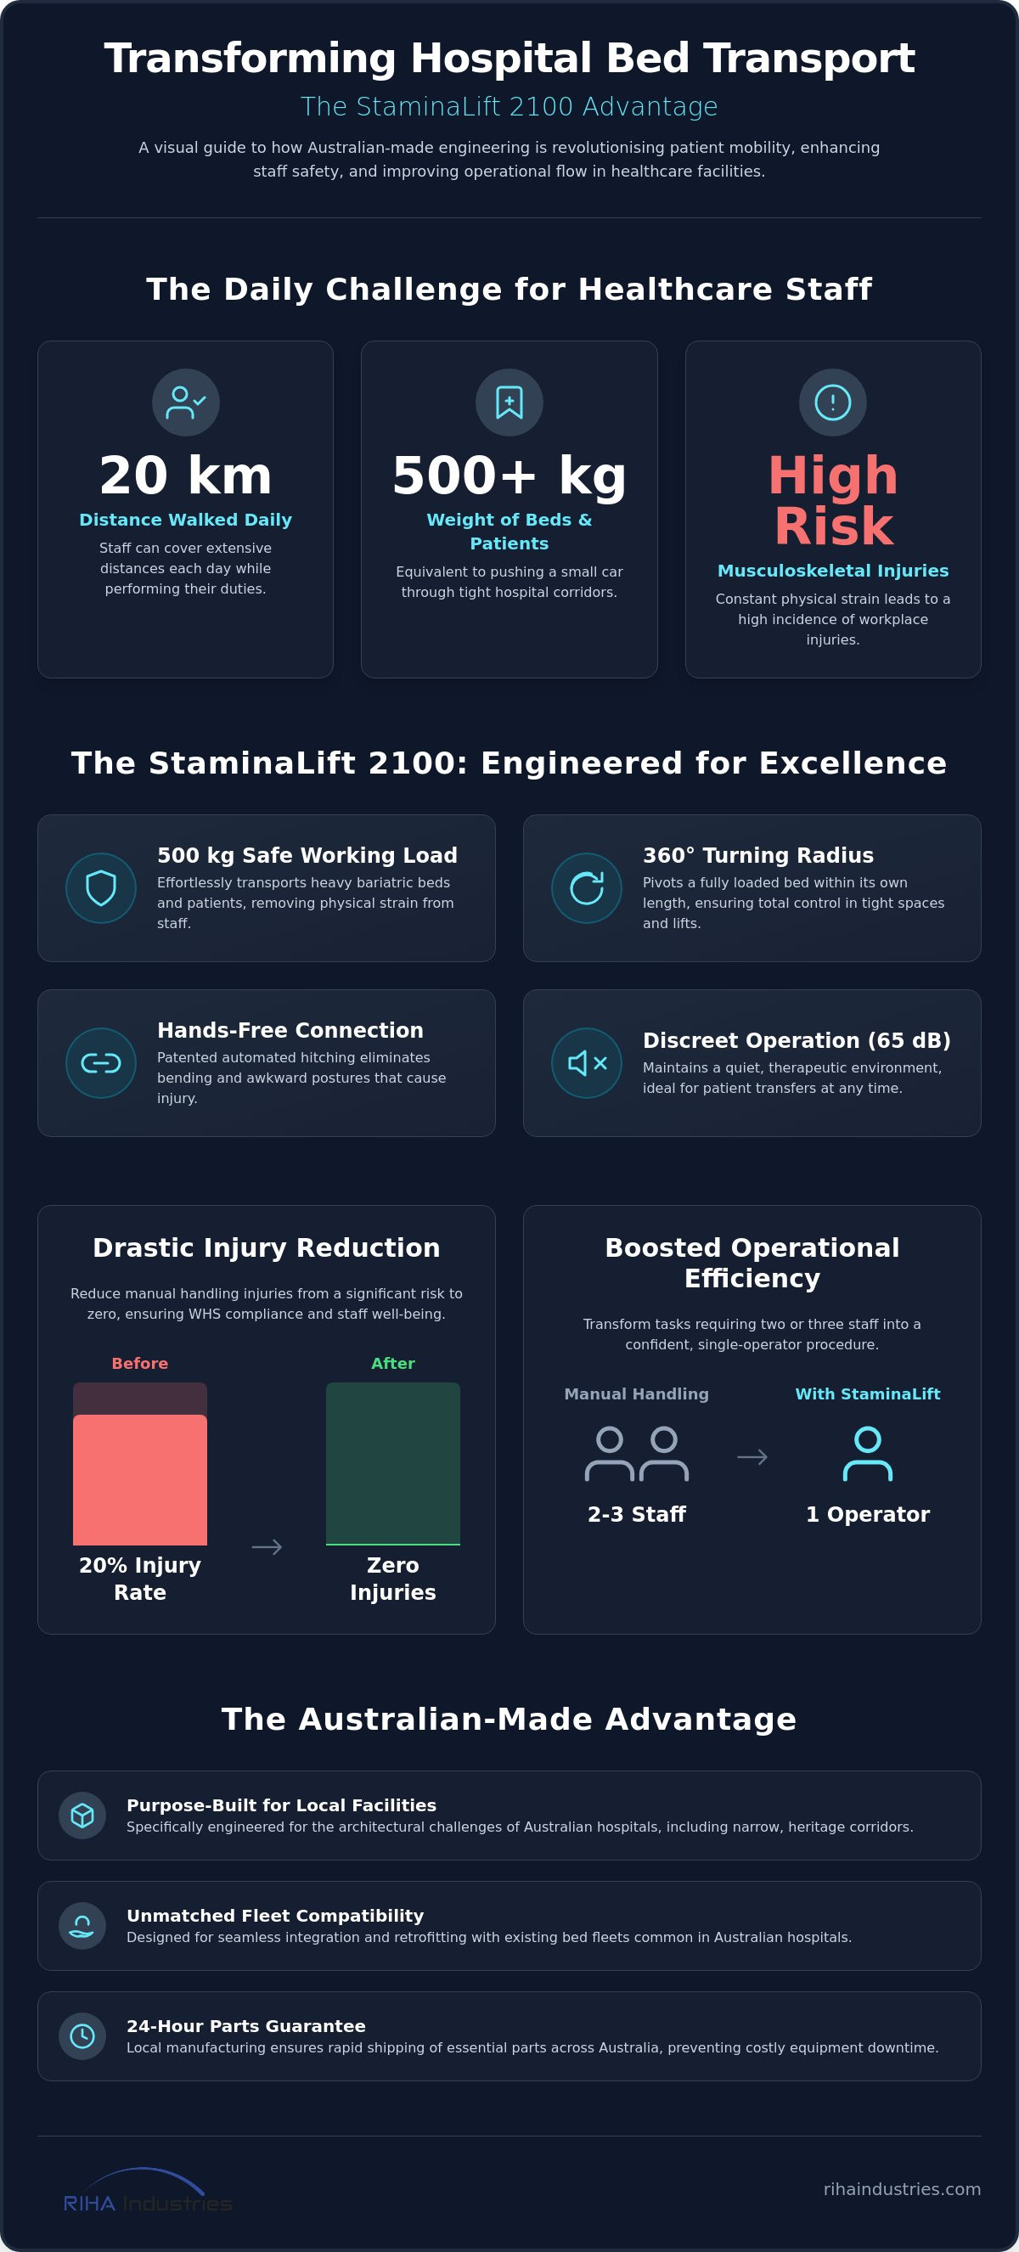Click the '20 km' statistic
point(185,476)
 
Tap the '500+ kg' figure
point(509,476)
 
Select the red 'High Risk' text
point(833,501)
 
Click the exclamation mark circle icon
point(833,403)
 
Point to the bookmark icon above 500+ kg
point(509,403)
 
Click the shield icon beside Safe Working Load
point(101,888)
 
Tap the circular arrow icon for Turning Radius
point(587,888)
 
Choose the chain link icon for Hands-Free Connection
point(101,1063)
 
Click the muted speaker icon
point(588,1063)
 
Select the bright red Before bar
point(140,1479)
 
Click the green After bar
point(393,1463)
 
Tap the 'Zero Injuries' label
point(393,1578)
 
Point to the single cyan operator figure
point(868,1454)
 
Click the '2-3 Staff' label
point(636,1514)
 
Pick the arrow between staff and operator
point(752,1456)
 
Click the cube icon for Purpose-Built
point(82,1815)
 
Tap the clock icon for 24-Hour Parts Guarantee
point(82,2036)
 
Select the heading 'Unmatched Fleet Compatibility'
point(275,1916)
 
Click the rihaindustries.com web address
point(902,2188)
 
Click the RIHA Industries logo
point(148,2191)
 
